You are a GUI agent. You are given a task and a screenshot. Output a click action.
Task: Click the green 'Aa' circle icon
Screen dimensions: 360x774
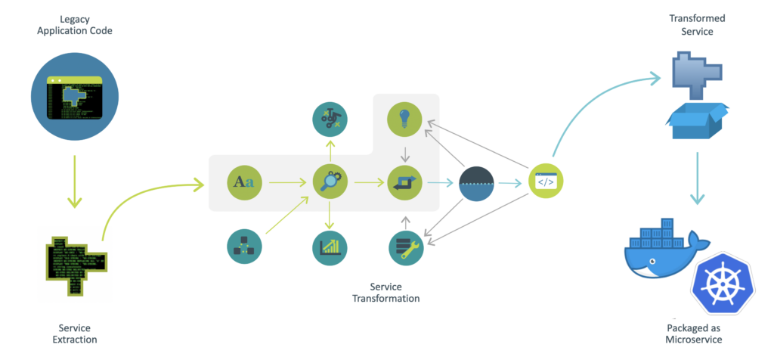point(244,182)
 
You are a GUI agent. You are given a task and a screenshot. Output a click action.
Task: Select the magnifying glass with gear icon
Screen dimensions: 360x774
point(330,182)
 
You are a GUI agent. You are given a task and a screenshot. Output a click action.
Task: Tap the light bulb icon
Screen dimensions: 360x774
point(404,119)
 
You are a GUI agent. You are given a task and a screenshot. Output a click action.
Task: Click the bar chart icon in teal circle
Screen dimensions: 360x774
point(330,247)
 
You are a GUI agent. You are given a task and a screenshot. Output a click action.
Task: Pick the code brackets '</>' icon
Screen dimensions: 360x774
point(545,182)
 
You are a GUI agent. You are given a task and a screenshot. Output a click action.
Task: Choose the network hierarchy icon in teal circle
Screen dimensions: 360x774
point(244,247)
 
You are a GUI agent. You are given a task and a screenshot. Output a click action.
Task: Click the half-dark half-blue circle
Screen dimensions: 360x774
point(477,182)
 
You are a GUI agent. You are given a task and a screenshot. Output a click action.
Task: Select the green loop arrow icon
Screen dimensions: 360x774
point(404,182)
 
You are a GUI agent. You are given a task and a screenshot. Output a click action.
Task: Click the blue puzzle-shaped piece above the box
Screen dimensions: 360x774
point(695,72)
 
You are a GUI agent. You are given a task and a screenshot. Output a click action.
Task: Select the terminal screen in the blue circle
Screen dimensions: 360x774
point(74,96)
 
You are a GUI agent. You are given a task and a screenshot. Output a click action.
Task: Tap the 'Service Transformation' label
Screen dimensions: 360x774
point(385,293)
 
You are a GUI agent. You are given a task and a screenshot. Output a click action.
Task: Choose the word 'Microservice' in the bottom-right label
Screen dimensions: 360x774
point(693,340)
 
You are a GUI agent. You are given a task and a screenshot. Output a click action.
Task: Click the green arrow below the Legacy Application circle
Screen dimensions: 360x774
point(74,182)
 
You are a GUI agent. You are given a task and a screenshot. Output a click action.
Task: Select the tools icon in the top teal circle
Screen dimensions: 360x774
point(330,118)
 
